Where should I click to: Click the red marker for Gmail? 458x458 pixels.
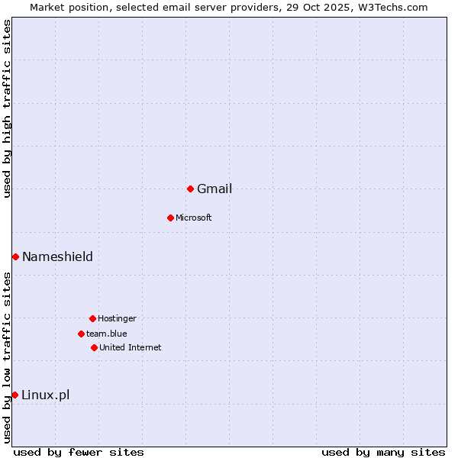[190, 189]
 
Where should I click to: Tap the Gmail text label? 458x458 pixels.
[214, 189]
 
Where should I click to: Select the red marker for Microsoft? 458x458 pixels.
[170, 218]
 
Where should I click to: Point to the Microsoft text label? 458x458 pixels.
[194, 218]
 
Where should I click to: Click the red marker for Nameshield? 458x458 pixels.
[15, 256]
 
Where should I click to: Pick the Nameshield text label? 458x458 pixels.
[57, 256]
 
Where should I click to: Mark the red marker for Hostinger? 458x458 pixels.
[92, 318]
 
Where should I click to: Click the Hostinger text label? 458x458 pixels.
[117, 319]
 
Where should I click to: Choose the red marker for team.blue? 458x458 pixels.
[81, 334]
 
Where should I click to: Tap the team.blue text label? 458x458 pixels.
[107, 334]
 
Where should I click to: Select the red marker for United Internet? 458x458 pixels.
[94, 347]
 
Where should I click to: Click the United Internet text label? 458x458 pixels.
[131, 348]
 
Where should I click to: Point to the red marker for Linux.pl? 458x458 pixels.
[15, 395]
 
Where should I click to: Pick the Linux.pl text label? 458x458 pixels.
[46, 395]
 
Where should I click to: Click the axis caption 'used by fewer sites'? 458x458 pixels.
[79, 452]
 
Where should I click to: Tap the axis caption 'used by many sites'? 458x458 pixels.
[383, 452]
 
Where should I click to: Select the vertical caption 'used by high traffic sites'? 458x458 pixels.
[8, 108]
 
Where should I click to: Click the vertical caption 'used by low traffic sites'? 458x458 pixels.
[8, 356]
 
